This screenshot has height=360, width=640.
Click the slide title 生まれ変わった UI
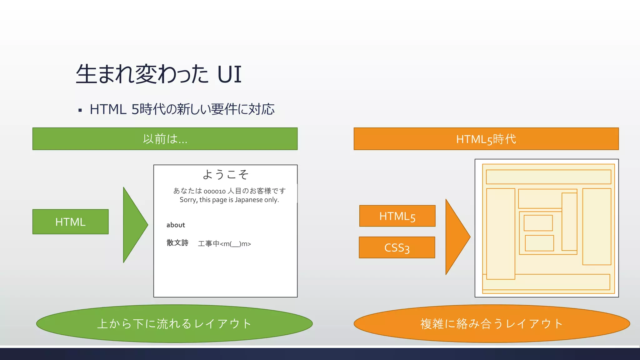[158, 74]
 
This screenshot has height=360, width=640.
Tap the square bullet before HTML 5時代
[80, 110]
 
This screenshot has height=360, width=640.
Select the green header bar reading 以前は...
[165, 139]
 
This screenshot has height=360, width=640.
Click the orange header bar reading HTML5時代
[486, 139]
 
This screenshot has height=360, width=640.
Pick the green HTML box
[70, 222]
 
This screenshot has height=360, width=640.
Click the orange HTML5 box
[397, 216]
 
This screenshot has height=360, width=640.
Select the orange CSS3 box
[397, 247]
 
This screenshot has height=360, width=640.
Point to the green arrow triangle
[133, 225]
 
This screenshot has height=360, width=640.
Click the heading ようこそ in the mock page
[225, 174]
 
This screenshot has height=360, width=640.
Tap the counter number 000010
[215, 191]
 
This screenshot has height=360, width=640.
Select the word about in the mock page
[176, 225]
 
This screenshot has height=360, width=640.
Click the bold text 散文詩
[177, 243]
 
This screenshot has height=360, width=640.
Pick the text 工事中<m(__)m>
[224, 244]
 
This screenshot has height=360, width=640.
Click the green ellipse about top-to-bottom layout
[174, 323]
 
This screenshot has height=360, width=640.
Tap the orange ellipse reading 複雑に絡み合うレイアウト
[492, 323]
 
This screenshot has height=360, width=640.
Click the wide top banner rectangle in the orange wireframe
[548, 177]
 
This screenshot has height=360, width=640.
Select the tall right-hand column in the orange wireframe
[597, 227]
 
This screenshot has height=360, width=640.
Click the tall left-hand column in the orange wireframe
[501, 234]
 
